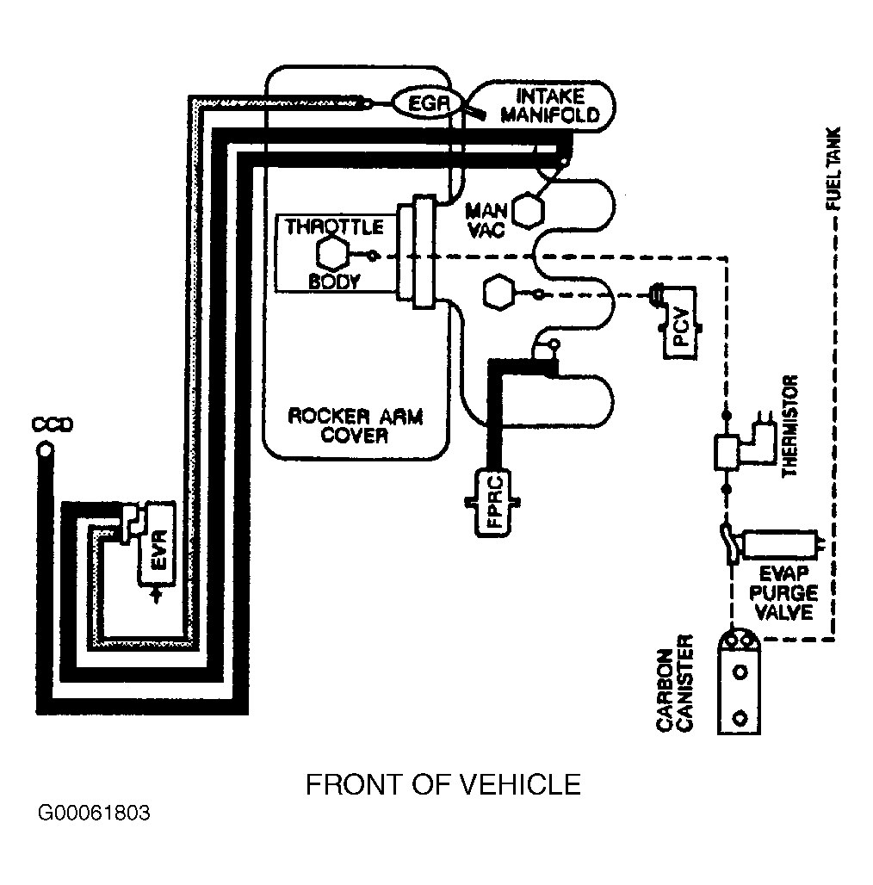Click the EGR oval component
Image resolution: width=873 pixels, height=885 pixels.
point(428,103)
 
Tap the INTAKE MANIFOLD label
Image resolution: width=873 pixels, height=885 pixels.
point(550,106)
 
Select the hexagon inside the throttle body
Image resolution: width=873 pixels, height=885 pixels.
point(332,255)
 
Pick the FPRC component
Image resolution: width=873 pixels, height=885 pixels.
point(492,502)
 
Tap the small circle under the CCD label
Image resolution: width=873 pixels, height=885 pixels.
point(45,450)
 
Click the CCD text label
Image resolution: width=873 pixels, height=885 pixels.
point(53,424)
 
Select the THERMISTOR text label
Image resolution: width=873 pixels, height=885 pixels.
point(789,426)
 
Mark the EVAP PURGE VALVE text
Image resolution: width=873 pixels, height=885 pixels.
point(783,593)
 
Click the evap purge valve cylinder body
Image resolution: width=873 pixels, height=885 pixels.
point(780,544)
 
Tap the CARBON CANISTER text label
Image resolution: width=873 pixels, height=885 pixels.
point(674,683)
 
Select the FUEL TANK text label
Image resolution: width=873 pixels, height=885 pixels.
point(833,168)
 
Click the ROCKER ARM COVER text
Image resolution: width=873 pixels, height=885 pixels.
point(355,425)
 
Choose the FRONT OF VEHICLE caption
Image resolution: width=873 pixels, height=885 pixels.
point(443,784)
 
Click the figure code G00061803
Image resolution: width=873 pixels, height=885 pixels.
point(94,813)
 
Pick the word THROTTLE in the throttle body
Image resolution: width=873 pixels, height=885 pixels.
point(334,227)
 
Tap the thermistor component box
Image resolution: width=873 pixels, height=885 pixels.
point(727,452)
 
